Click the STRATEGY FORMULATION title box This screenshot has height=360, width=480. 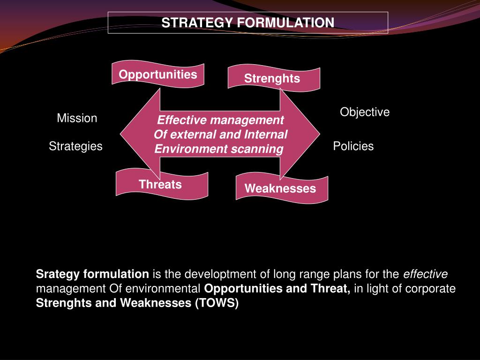(248, 23)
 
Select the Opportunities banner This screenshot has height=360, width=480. (158, 75)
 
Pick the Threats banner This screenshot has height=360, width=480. (160, 184)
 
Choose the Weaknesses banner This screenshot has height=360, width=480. (280, 188)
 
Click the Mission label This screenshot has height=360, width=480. (77, 118)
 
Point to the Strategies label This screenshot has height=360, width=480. (75, 146)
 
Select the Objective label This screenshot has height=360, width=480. (365, 112)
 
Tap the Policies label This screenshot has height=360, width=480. (353, 146)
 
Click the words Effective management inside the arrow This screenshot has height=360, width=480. (220, 120)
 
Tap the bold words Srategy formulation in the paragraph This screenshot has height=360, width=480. (92, 274)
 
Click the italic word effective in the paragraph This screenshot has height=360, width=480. (426, 274)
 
